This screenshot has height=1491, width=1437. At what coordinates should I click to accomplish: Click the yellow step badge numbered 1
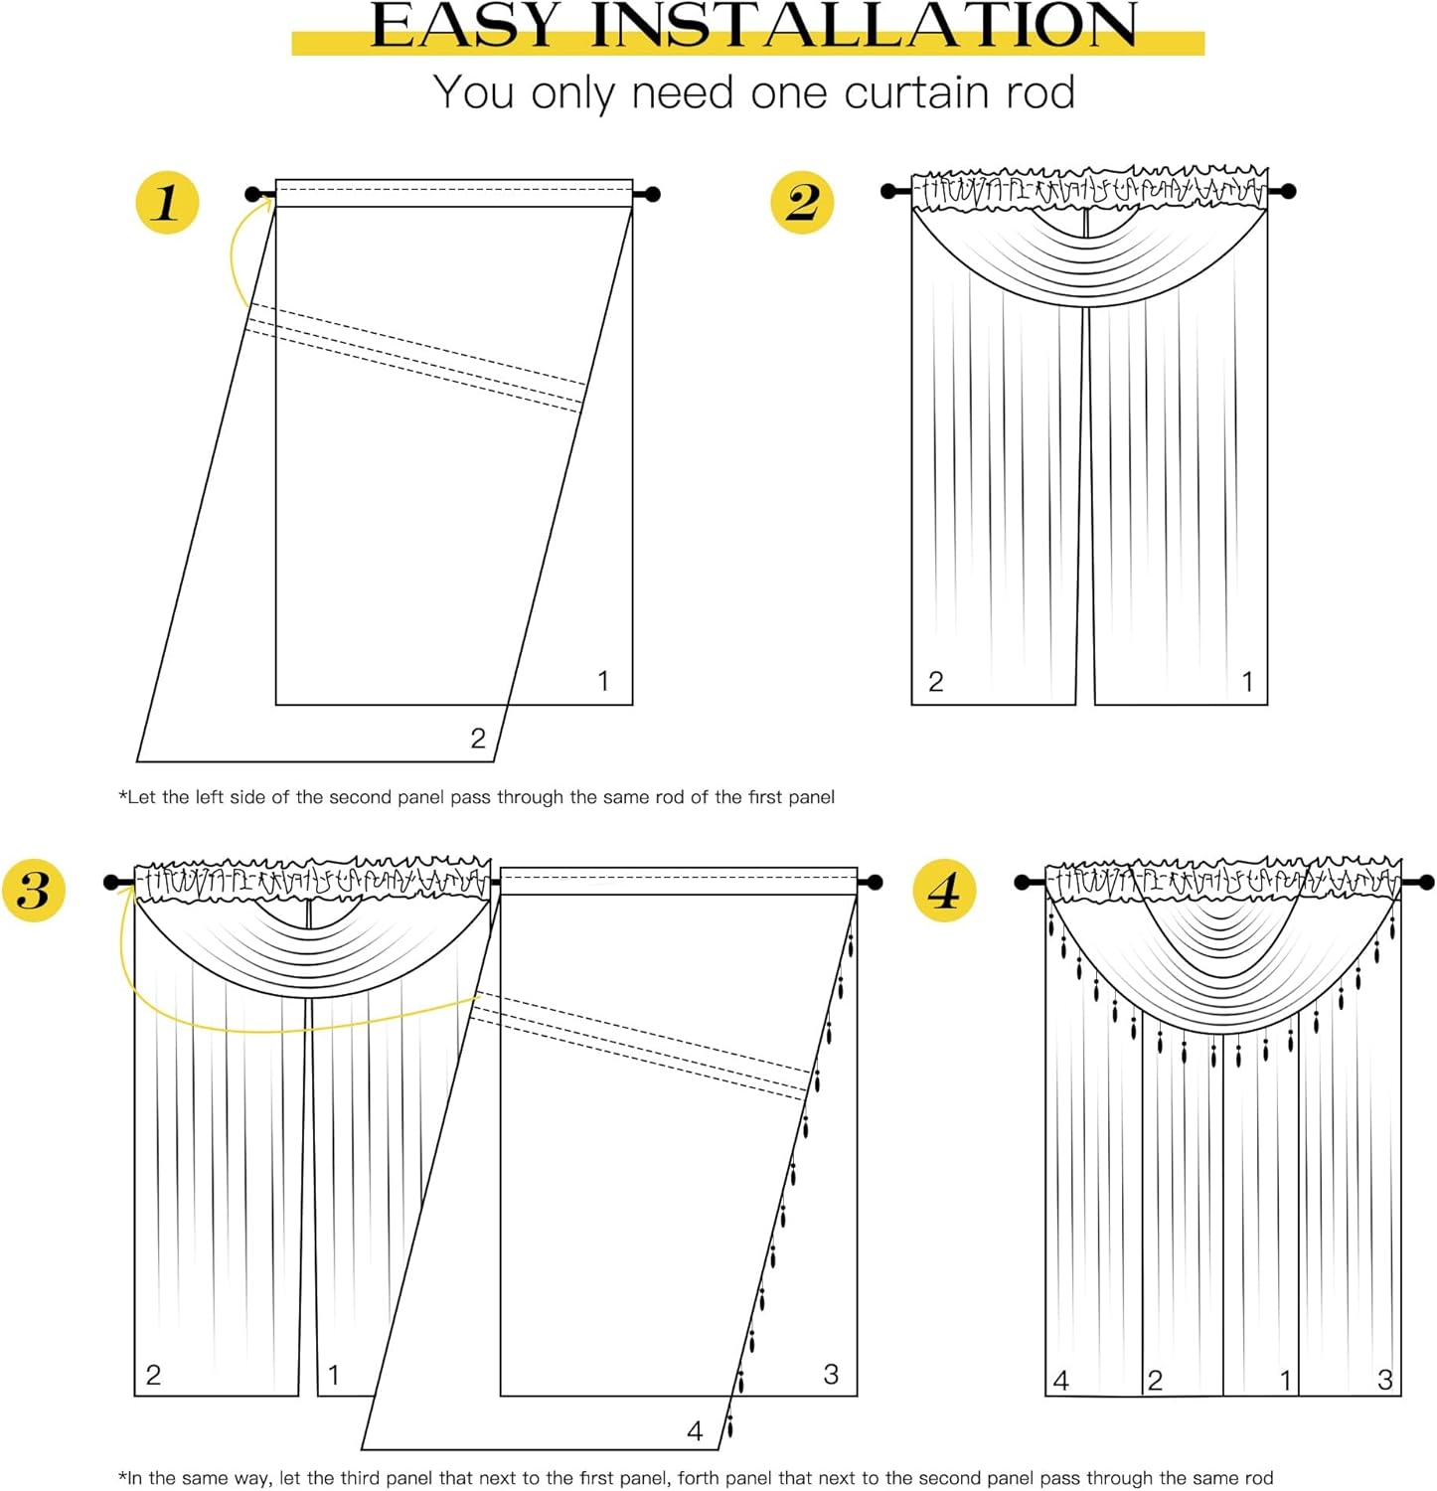coord(167,203)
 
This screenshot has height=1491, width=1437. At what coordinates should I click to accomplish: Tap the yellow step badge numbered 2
coord(802,203)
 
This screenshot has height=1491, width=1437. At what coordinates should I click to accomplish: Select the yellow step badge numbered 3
coord(34,890)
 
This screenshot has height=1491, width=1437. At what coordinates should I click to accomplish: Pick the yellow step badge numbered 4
coord(944,890)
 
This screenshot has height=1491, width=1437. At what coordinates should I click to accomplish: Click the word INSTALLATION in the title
coord(864,26)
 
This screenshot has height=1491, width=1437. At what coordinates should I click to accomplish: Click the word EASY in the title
coord(466,26)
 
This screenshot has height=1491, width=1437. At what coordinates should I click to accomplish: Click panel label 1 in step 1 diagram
coord(602,681)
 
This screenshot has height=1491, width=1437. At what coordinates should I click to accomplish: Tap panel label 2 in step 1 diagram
coord(478,739)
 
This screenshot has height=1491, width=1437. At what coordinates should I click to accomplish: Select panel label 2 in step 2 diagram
coord(935,682)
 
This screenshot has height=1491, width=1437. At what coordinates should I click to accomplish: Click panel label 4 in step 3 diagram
coord(695,1431)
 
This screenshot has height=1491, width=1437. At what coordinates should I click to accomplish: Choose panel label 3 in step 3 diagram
coord(831,1375)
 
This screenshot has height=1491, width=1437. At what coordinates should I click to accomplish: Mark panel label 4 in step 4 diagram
coord(1060,1381)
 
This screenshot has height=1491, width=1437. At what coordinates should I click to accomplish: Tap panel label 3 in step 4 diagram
coord(1385,1380)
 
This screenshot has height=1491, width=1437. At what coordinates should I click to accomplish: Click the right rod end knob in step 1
coord(652,194)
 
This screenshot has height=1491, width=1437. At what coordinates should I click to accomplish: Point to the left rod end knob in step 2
coord(888,191)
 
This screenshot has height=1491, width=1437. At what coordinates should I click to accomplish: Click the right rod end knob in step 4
coord(1427,882)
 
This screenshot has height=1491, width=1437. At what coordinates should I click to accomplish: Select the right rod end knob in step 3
coord(875,882)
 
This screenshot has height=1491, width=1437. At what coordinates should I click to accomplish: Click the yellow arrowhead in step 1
coord(266,202)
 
